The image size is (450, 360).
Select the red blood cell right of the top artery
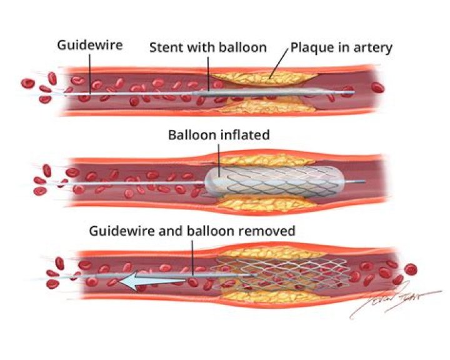pyautogui.click(x=378, y=87)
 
